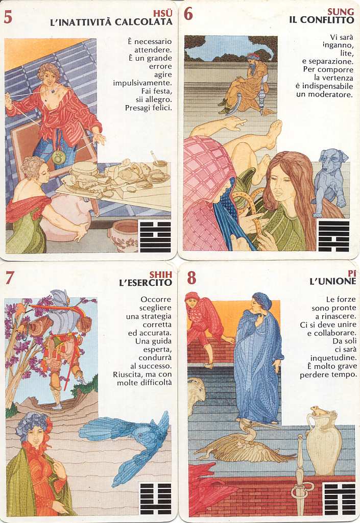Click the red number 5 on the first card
[x=8, y=16]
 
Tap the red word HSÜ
[x=162, y=14]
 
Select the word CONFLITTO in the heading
[x=327, y=20]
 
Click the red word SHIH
[x=161, y=275]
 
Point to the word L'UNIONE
[x=332, y=282]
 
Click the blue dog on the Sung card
[x=330, y=178]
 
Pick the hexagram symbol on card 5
[x=155, y=236]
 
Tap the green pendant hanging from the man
[x=58, y=158]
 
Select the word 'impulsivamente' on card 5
[x=142, y=83]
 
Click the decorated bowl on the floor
[x=123, y=236]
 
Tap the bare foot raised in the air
[x=274, y=133]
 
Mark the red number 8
[x=191, y=278]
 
